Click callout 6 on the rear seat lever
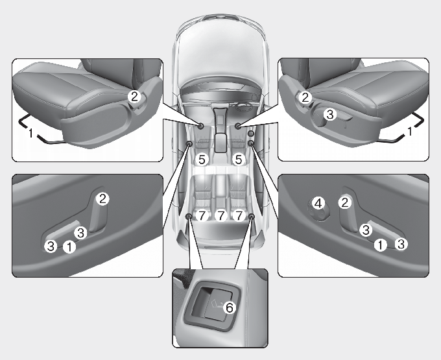point(230,307)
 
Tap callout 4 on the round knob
point(318,203)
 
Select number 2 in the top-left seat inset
point(135,97)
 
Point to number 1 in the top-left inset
point(31,133)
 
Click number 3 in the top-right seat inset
point(329,114)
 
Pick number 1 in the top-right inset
point(410,131)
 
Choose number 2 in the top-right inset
point(305,97)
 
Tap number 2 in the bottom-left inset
point(102,199)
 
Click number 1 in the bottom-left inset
point(69,247)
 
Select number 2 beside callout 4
point(345,202)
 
